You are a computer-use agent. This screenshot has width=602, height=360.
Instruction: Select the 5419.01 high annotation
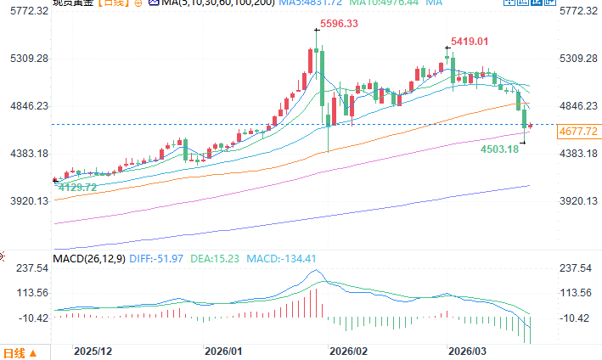pyautogui.click(x=471, y=41)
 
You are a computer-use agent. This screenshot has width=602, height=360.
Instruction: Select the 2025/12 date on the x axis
pyautogui.click(x=93, y=351)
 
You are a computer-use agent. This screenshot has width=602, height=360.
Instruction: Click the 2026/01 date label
pyautogui.click(x=224, y=351)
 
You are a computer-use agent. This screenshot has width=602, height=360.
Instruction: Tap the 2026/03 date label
pyautogui.click(x=468, y=351)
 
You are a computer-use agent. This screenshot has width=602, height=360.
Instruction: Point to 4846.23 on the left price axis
pyautogui.click(x=27, y=106)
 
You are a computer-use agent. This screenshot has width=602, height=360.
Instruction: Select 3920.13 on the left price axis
pyautogui.click(x=27, y=201)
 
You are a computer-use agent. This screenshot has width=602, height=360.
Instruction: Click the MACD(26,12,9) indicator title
pyautogui.click(x=88, y=258)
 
